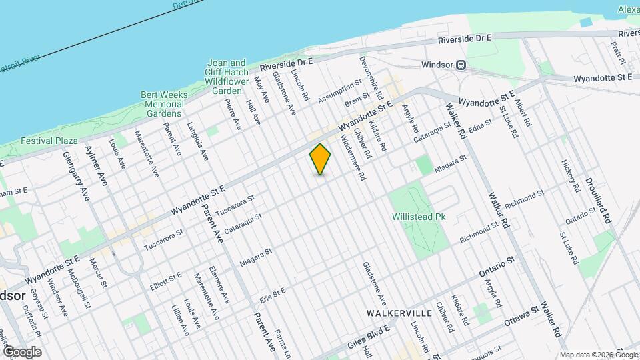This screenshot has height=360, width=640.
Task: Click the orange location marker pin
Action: click(x=321, y=159)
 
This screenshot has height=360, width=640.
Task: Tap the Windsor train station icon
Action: click(x=461, y=65)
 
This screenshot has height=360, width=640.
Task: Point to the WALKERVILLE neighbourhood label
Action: click(x=395, y=312)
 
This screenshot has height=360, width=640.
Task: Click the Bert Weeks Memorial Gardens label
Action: click(x=164, y=104)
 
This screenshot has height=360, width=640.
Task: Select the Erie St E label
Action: click(x=273, y=294)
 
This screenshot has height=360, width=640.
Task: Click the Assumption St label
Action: click(x=339, y=91)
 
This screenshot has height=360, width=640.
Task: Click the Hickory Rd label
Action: click(x=571, y=174)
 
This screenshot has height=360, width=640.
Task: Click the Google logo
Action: click(x=21, y=351)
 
